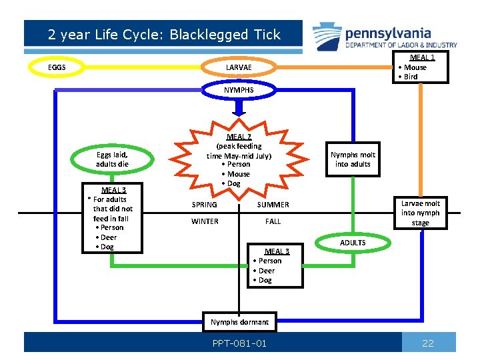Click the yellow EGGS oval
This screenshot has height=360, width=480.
(x=57, y=67)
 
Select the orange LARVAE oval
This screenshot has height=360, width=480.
(x=239, y=67)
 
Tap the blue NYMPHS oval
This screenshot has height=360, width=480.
(x=239, y=89)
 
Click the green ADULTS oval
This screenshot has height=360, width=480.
(x=353, y=243)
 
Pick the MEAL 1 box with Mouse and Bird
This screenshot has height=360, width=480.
(x=420, y=67)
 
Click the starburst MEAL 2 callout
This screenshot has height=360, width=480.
(x=238, y=160)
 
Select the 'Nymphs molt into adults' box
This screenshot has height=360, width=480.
(x=353, y=159)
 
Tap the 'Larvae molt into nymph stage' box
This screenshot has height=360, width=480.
(x=420, y=213)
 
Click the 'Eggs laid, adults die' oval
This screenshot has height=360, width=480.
(x=112, y=159)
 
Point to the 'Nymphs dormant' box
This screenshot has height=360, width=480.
(x=239, y=322)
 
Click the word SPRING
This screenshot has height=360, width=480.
(x=204, y=205)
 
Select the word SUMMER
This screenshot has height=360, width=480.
(x=273, y=205)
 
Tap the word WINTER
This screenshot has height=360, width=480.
(x=205, y=221)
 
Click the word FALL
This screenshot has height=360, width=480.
(x=273, y=221)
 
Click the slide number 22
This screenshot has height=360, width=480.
(x=428, y=343)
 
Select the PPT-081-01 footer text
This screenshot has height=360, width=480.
(x=239, y=343)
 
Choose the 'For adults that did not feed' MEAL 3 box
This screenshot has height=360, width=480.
(x=111, y=218)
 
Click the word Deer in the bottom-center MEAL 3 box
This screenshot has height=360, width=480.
(x=267, y=271)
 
